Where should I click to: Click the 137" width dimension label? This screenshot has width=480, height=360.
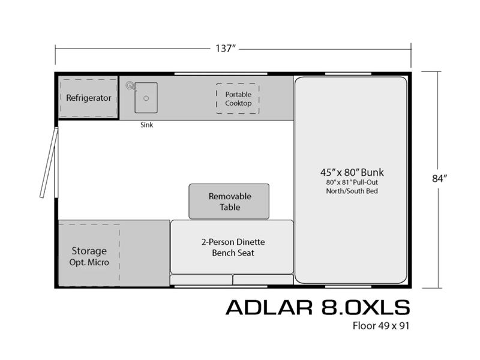[226, 49]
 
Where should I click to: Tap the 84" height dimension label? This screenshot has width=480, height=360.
[440, 178]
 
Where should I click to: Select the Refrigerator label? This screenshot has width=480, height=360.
[88, 98]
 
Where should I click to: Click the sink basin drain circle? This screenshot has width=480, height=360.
[146, 98]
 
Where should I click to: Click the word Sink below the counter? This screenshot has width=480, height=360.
[146, 125]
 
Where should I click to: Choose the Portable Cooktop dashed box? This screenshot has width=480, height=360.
[238, 98]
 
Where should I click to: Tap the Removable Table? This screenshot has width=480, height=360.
[229, 202]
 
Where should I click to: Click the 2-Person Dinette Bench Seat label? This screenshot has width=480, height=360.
[233, 247]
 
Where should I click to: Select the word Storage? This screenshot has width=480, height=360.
[89, 251]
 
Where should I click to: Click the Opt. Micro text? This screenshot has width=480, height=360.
[89, 262]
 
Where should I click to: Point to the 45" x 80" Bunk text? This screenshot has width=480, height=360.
[352, 172]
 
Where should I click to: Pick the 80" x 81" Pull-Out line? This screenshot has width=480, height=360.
[352, 182]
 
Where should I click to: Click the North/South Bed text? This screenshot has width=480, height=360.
[352, 191]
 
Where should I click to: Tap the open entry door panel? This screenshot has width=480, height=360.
[49, 163]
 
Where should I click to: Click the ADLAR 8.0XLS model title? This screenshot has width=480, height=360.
[318, 307]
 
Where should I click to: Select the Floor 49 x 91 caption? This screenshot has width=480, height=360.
[381, 326]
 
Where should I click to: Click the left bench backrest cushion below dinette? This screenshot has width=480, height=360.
[201, 280]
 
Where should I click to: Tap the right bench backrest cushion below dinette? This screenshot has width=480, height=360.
[263, 280]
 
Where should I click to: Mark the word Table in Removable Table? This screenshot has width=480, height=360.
[230, 207]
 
